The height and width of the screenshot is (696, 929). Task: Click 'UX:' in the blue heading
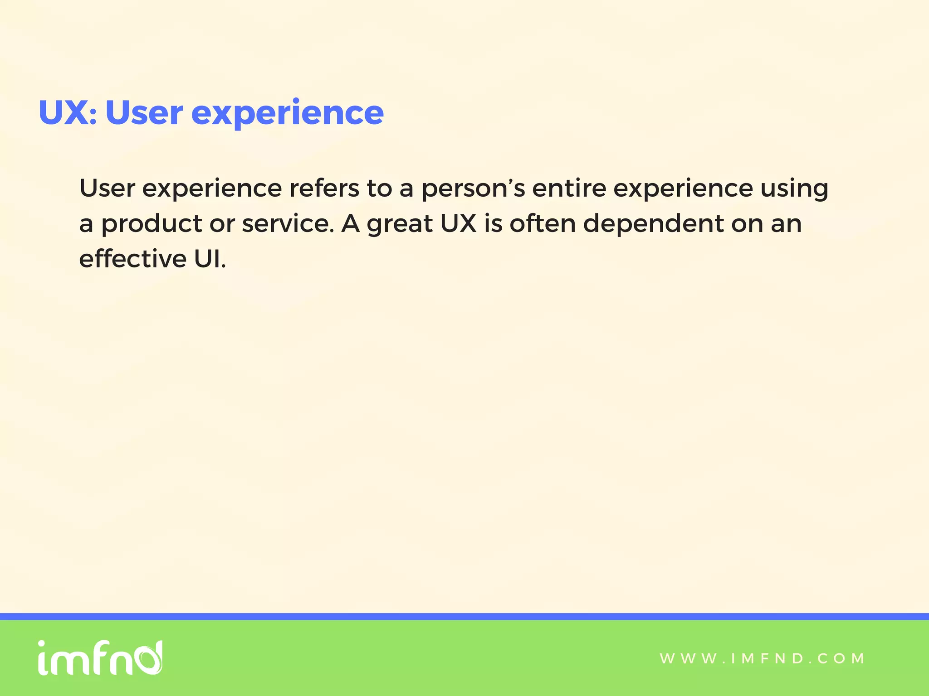click(x=68, y=112)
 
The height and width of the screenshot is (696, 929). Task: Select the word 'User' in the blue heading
click(x=144, y=112)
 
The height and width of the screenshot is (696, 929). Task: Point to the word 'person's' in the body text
click(x=473, y=188)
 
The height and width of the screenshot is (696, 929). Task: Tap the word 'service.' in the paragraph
click(x=288, y=223)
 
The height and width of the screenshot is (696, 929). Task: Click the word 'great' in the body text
click(x=400, y=224)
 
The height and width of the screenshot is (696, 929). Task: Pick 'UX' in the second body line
click(x=458, y=223)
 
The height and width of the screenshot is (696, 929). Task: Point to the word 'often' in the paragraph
click(x=543, y=223)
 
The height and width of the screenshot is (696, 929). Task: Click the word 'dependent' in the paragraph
click(x=653, y=224)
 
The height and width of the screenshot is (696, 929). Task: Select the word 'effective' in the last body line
click(x=133, y=259)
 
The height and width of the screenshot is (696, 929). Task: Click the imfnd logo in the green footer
click(x=100, y=657)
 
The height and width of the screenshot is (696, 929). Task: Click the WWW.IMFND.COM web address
click(x=762, y=658)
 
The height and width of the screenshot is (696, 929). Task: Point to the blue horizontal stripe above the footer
click(x=464, y=616)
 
